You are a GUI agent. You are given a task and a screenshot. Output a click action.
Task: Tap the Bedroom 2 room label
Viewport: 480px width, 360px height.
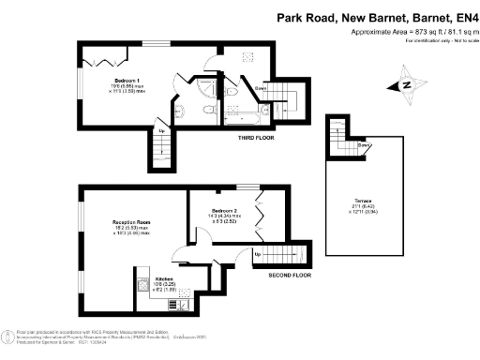pos(224,211)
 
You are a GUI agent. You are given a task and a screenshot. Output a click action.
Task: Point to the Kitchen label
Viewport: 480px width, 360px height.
pos(164,279)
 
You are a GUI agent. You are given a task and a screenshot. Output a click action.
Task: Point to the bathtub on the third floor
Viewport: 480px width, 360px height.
pos(241,119)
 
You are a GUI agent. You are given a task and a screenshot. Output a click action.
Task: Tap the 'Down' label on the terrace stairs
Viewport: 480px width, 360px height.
pos(362,145)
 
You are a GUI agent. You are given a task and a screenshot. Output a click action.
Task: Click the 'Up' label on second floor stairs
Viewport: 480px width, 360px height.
pos(258,254)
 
